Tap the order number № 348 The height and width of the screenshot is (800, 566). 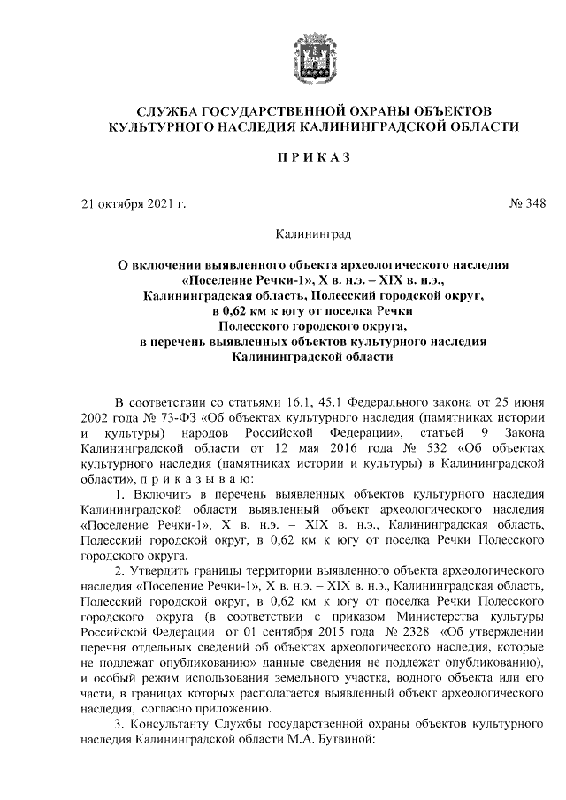pos(527,205)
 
